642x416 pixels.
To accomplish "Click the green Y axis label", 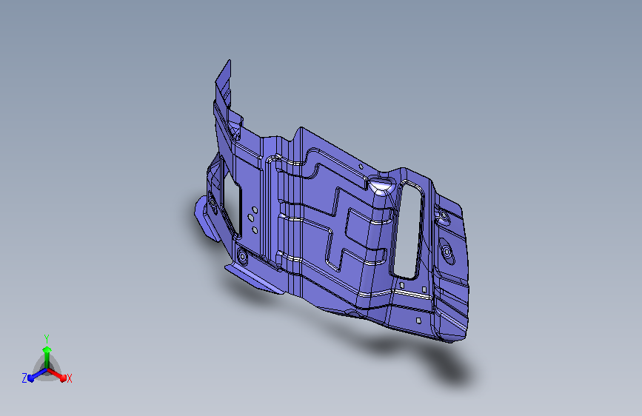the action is [47, 338].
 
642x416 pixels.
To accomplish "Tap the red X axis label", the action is [69, 379].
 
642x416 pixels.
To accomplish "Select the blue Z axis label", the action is [24, 378].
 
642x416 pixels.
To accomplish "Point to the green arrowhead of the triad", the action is [47, 349].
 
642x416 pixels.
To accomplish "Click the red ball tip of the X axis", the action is [63, 378].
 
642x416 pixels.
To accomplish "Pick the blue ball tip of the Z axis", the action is [31, 378].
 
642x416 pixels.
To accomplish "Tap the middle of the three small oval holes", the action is [250, 218].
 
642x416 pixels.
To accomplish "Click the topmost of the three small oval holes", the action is [255, 210].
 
